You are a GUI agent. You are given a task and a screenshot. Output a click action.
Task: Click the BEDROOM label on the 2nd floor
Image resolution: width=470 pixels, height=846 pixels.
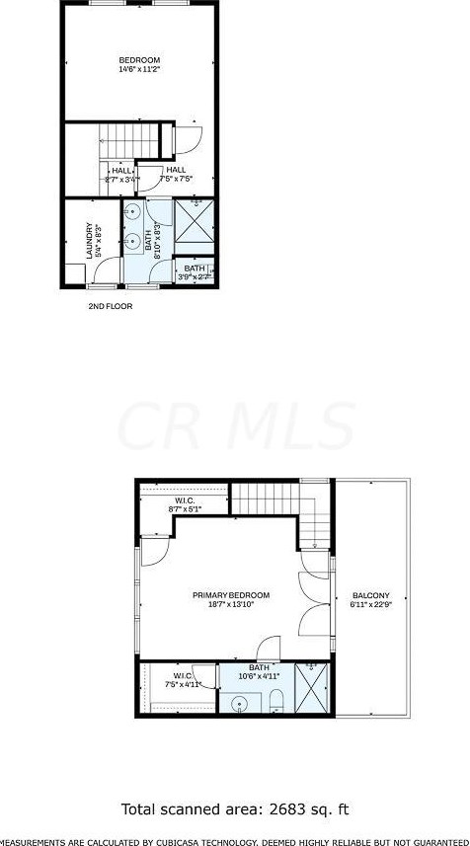pos(138,60)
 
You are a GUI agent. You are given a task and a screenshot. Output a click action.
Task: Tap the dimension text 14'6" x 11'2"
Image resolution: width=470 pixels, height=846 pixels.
pos(138,70)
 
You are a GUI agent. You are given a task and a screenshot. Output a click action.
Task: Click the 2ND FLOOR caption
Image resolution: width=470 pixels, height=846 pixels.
pos(110,306)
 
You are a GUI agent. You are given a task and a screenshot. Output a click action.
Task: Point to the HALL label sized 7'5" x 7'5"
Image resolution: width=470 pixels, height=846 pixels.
pos(177,170)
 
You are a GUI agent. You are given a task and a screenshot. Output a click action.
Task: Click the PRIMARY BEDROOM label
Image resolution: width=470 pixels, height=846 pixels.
pos(231,595)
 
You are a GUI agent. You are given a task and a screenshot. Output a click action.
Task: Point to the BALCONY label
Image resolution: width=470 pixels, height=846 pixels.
pos(371,595)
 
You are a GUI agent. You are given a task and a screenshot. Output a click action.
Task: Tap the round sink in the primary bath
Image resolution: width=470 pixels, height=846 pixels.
pos(240,704)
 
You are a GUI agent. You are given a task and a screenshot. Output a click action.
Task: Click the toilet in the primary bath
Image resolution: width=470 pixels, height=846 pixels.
pos(276,703)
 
